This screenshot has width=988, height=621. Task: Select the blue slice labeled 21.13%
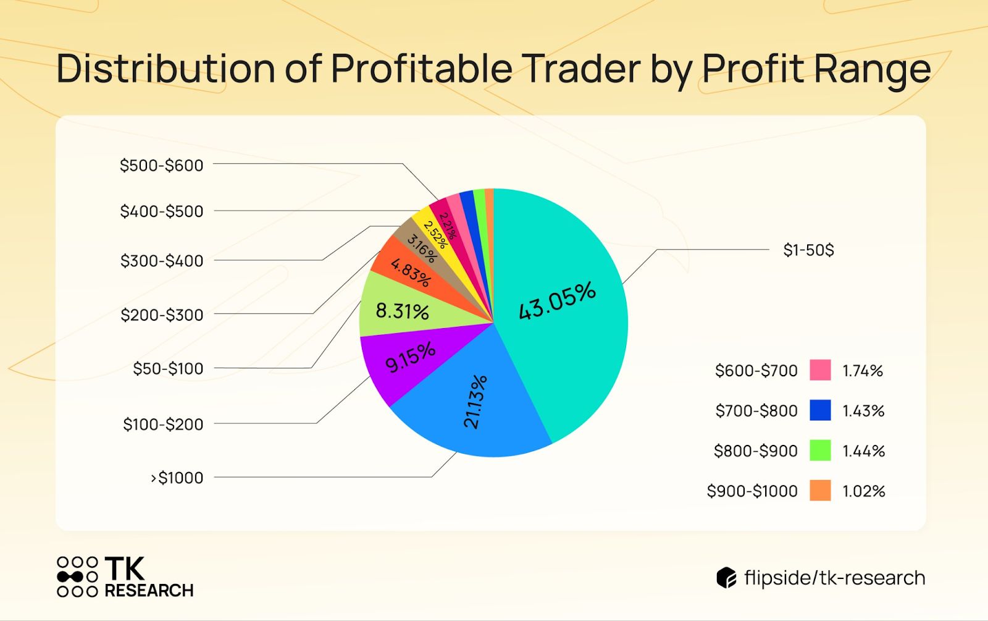point(475,408)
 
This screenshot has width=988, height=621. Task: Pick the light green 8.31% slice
point(401,309)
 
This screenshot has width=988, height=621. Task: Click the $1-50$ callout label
point(808,250)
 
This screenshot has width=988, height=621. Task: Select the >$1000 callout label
point(177,478)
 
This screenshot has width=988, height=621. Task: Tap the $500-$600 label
point(161,166)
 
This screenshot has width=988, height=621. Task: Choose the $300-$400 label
point(162,261)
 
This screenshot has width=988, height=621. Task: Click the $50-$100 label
point(168,369)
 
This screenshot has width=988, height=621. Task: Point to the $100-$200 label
point(163,425)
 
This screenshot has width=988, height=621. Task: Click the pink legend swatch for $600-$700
point(820,370)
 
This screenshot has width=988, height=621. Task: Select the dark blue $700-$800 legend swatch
point(820,410)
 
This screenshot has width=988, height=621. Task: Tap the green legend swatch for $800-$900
point(820,450)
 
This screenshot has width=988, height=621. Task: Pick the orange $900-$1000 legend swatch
point(820,491)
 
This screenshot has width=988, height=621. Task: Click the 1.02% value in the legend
point(863,491)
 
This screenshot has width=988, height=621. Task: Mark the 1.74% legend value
point(863,371)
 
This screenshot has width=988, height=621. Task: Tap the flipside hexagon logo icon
point(726,578)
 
